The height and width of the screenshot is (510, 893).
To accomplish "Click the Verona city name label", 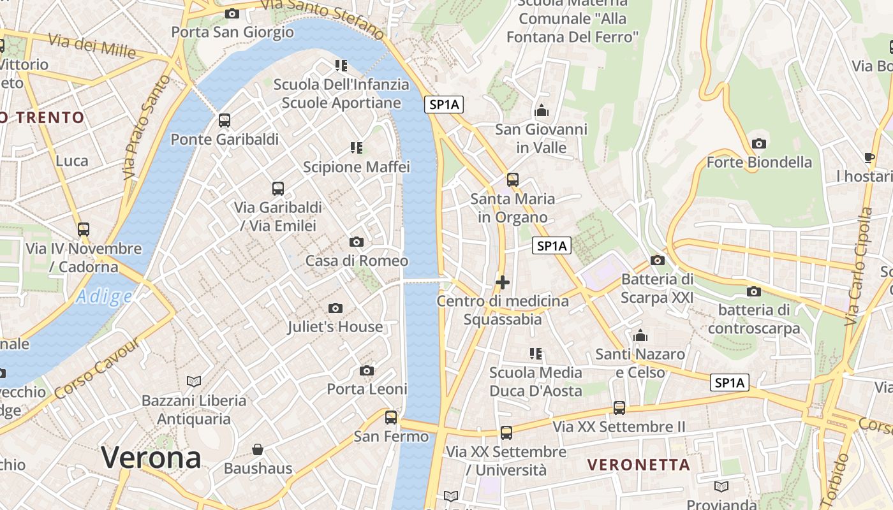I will click(151, 458).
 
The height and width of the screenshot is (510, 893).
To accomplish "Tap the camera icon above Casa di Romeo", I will click(357, 242).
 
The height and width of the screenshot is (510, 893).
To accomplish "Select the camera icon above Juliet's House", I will click(335, 309).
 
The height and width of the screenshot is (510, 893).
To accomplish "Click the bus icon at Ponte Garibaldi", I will click(224, 120).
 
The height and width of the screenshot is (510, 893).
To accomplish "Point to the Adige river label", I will click(104, 296).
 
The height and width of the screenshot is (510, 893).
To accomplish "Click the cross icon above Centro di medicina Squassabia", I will click(503, 282).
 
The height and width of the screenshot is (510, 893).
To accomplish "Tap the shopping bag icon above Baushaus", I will click(258, 449).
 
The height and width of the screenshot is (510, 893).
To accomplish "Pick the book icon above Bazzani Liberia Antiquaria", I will click(194, 381).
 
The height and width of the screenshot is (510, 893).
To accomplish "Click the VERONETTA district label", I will click(638, 465).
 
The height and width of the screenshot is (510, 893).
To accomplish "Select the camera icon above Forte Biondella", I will click(759, 143).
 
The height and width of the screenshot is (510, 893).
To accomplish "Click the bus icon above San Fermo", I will click(391, 418).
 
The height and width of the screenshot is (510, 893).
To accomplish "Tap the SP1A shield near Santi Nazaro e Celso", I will click(729, 382).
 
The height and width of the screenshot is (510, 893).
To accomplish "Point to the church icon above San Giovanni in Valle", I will click(541, 111).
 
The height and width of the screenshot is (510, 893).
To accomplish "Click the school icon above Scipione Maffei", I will click(357, 148).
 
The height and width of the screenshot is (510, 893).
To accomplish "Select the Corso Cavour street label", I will click(98, 369).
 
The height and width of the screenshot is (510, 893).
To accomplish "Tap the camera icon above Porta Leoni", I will click(367, 370).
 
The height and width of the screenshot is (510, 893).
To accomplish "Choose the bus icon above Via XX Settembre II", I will click(619, 407).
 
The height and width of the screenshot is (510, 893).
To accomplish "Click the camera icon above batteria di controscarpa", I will click(753, 291).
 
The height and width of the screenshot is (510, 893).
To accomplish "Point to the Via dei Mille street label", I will click(92, 45).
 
